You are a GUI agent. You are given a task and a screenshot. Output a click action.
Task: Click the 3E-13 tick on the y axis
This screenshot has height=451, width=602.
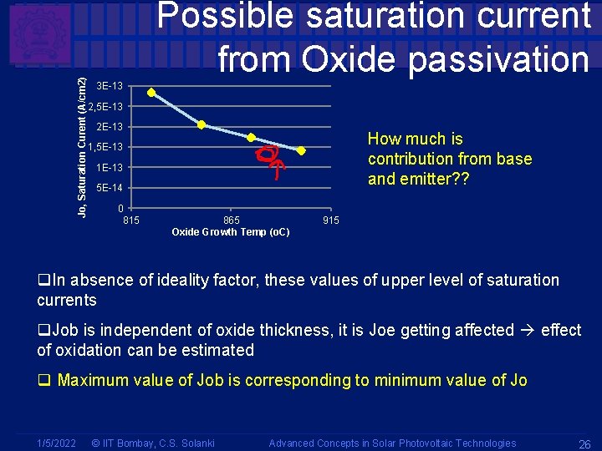(110, 86)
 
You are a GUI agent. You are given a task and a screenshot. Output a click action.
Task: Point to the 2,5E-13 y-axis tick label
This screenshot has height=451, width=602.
(106, 107)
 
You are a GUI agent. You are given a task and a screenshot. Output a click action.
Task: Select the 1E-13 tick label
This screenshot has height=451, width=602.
(110, 168)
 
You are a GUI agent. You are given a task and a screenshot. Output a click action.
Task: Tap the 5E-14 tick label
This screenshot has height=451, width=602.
(110, 188)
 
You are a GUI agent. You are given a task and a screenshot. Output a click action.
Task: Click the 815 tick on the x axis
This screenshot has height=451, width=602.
(131, 220)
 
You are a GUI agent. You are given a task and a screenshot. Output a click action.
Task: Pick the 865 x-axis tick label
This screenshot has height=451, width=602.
(232, 220)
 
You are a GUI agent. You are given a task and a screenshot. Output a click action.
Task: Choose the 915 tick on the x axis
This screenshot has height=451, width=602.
(331, 220)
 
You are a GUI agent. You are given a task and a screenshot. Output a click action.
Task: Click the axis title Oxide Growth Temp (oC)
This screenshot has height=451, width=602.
(231, 232)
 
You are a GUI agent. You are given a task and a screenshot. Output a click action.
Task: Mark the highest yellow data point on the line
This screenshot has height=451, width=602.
(151, 93)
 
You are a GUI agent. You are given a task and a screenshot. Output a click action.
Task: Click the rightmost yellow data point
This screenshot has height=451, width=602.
(301, 151)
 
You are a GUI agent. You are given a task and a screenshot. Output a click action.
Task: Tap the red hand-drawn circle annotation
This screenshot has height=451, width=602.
(267, 154)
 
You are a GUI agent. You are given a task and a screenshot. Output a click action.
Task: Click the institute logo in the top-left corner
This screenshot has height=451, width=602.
(38, 38)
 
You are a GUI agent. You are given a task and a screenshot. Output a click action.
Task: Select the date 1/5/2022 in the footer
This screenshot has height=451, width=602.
(57, 443)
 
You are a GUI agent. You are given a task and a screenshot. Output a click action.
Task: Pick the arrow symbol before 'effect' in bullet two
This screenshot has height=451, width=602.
(527, 331)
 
